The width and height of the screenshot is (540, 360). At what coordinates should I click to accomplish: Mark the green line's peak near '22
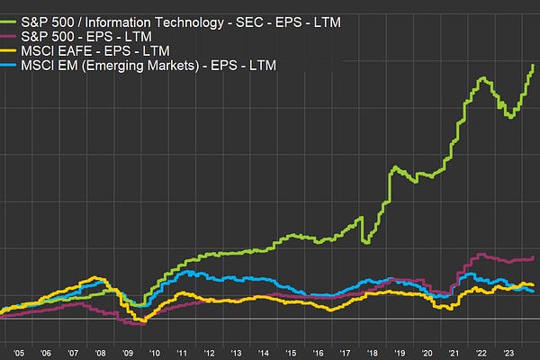[x=483, y=78]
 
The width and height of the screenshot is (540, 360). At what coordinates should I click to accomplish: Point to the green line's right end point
[x=534, y=64]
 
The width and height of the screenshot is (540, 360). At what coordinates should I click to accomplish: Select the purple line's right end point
[x=534, y=257]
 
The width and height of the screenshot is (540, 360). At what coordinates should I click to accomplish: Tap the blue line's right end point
[x=533, y=291]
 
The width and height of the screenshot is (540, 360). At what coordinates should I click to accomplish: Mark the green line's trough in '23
[x=509, y=117]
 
